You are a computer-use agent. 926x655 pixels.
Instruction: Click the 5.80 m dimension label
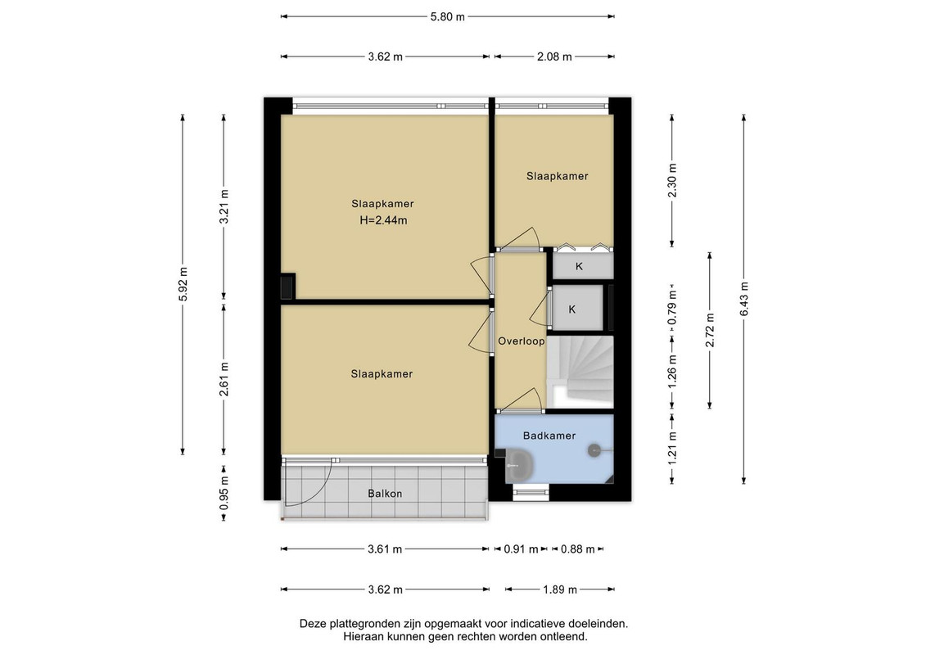point(447,16)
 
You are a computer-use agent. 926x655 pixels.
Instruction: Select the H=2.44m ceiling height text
point(383,220)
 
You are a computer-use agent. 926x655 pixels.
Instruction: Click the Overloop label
point(521,341)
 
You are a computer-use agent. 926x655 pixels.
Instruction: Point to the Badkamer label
point(549,436)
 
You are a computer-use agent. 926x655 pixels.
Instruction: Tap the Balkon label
point(385,493)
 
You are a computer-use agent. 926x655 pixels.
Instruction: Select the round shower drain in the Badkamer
point(594,450)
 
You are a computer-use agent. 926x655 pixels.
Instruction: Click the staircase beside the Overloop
point(580,372)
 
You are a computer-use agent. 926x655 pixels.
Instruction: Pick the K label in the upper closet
point(579,266)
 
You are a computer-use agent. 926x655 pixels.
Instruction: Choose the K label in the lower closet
point(571,309)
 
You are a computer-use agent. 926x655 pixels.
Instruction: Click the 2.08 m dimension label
point(554,56)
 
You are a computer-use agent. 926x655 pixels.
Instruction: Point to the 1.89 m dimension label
point(560,589)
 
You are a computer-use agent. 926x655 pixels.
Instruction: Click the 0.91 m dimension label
point(521,549)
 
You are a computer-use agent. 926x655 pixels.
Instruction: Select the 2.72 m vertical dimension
point(710,330)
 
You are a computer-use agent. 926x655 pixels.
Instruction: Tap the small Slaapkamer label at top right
point(557,176)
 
